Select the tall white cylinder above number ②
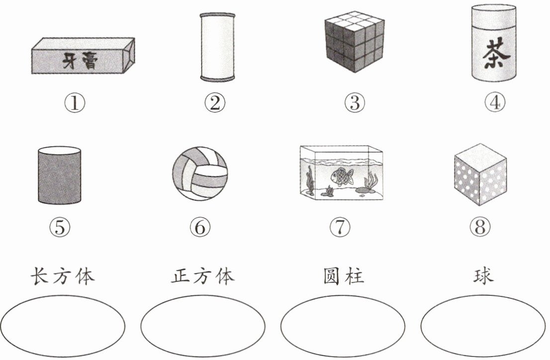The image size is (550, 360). click(x=217, y=47)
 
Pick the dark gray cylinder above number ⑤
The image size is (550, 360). click(x=59, y=175)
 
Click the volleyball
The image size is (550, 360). click(x=199, y=174)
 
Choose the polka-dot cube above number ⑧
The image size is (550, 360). click(x=480, y=175)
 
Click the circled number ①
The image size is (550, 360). click(x=75, y=103)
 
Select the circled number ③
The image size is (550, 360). click(x=355, y=103)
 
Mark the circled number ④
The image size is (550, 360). click(x=495, y=103)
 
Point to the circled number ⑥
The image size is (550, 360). click(x=200, y=227)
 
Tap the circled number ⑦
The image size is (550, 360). click(x=340, y=227)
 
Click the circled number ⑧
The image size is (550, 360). click(x=480, y=227)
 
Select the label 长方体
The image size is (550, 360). click(x=63, y=276)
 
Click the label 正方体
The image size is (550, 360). click(x=203, y=276)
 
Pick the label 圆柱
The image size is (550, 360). click(x=344, y=276)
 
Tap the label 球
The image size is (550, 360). click(x=483, y=276)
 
